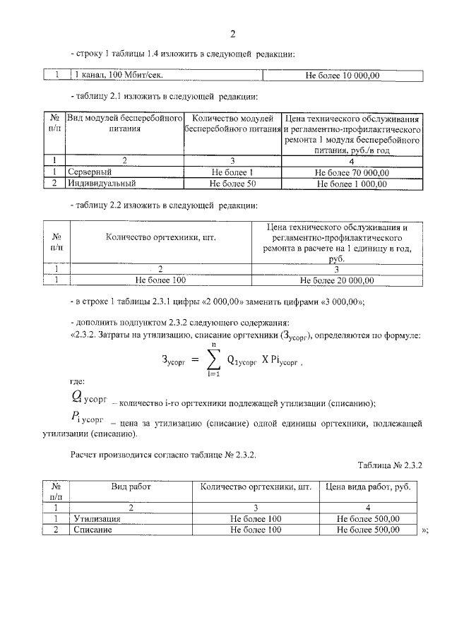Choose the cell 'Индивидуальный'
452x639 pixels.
point(101,184)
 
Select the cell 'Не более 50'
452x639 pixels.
point(232,184)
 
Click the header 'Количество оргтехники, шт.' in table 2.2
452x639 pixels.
point(160,238)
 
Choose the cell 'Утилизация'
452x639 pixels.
point(97,519)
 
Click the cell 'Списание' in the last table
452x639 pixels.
point(93,530)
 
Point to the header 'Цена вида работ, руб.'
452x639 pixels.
point(368,487)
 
